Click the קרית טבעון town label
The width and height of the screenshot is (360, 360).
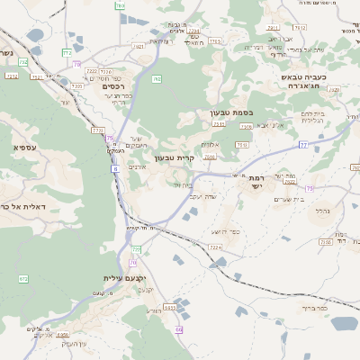tap(174, 157)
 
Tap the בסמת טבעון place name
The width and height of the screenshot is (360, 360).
tap(231, 112)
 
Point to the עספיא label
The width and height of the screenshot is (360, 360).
tap(25, 146)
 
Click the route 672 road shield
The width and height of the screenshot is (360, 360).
tap(23, 279)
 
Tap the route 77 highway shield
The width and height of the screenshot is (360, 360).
tap(303, 145)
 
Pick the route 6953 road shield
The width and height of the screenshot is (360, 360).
tap(145, 308)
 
